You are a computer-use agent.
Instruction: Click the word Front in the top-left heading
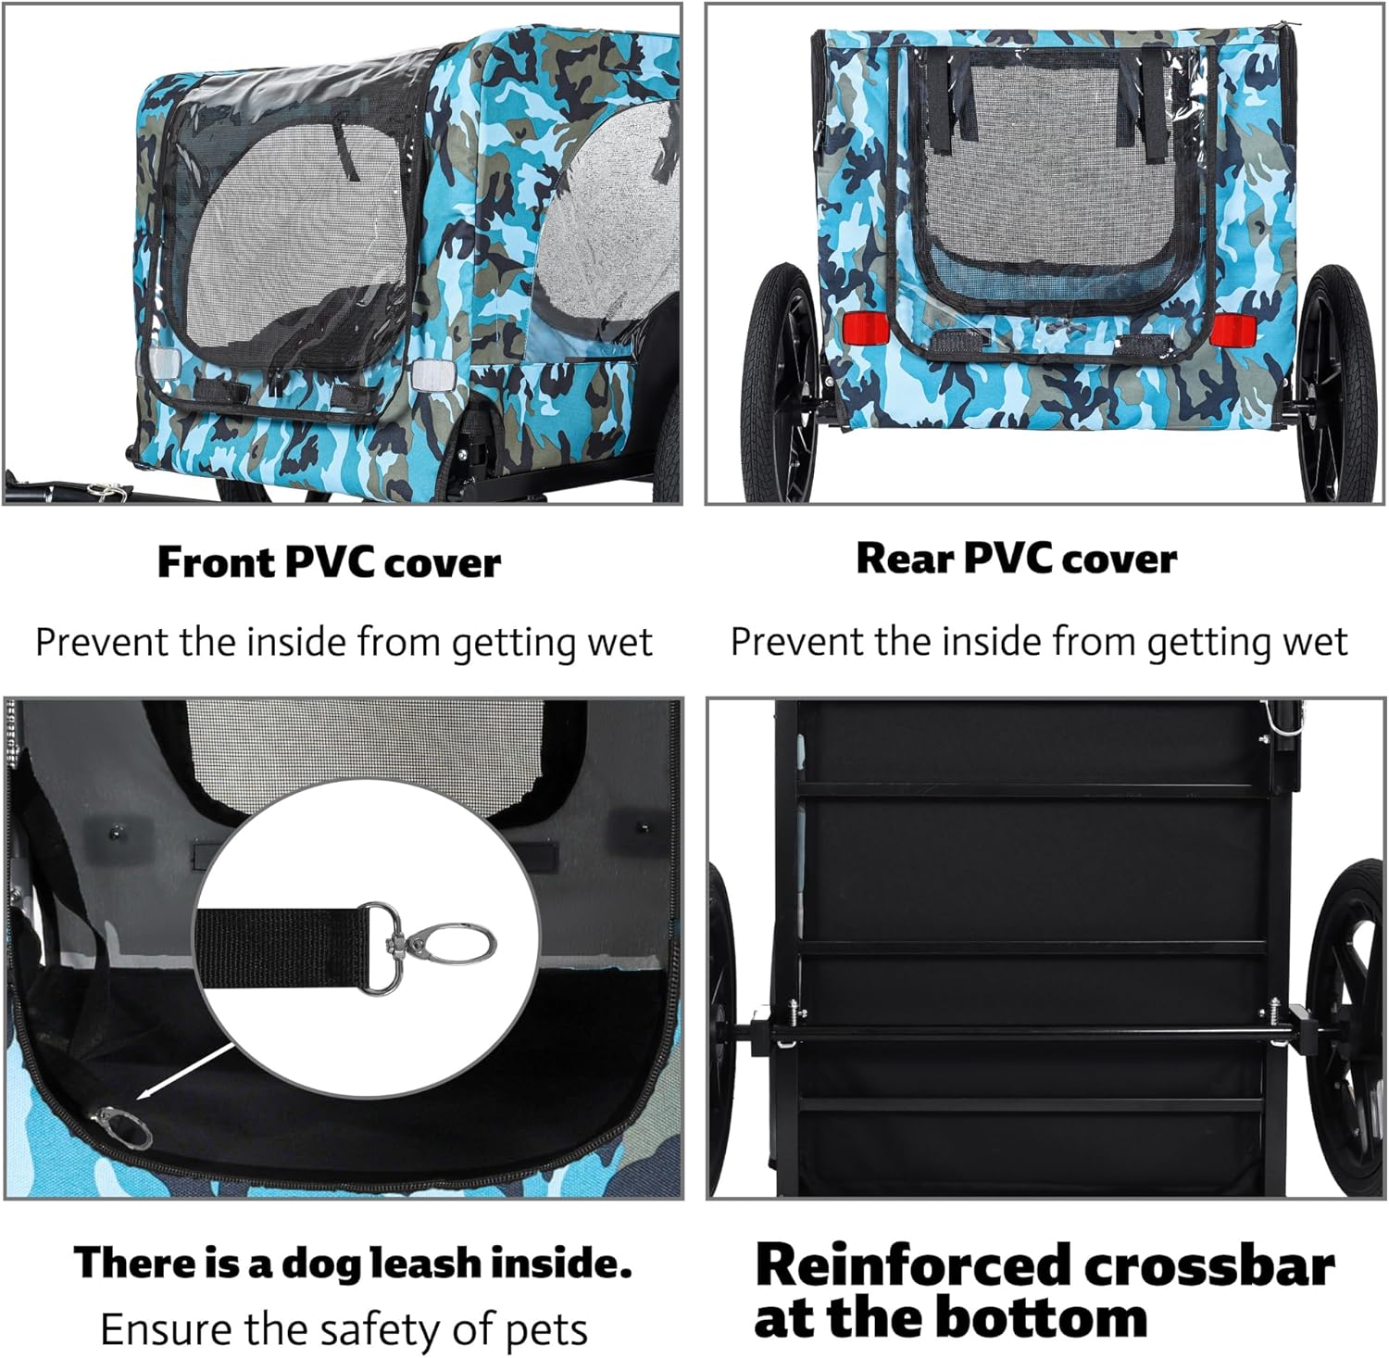216,562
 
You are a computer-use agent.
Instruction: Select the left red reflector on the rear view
864,327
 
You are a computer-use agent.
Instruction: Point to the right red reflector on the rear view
1233,329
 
